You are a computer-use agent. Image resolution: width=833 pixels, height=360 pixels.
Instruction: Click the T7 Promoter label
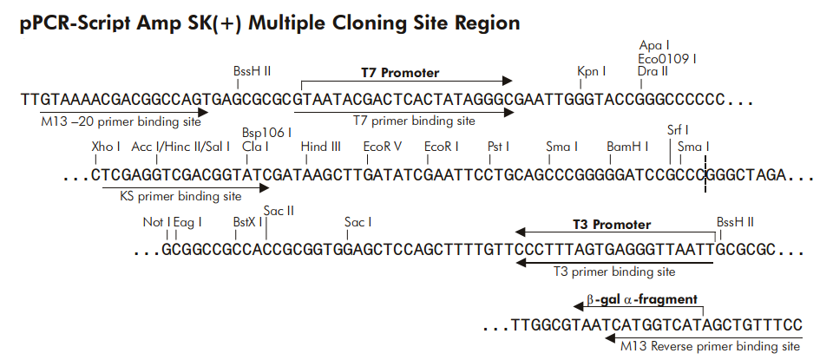400,73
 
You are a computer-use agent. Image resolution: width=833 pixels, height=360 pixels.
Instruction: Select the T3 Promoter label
611,225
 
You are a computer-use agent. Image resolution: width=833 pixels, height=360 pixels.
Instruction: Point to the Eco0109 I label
666,58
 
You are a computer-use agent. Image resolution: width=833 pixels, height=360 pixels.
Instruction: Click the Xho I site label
106,147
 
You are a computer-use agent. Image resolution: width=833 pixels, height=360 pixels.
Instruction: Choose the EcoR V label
383,147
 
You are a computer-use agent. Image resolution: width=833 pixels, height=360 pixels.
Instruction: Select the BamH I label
627,147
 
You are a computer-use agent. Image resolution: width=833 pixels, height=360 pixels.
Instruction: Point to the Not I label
156,223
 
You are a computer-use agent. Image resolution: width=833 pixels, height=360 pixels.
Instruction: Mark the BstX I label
247,223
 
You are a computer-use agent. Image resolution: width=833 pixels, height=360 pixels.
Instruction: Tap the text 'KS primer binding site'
180,197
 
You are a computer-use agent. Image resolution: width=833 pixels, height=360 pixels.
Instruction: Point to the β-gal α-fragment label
641,299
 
